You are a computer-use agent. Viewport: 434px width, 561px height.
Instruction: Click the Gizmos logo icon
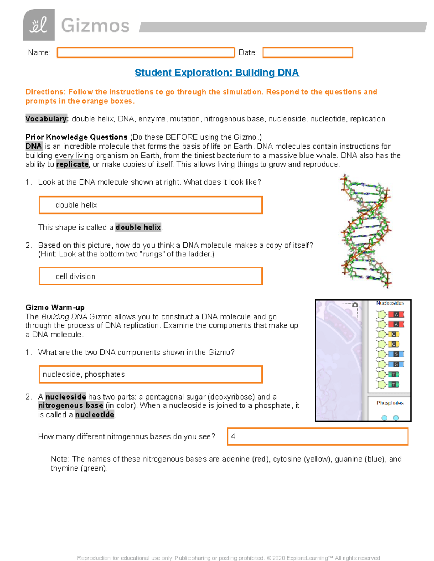(39, 25)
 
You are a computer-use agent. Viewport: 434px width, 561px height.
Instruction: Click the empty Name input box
(146, 53)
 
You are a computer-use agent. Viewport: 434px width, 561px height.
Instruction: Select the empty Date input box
(307, 53)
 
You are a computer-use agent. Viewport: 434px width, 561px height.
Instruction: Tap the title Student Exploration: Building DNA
(217, 73)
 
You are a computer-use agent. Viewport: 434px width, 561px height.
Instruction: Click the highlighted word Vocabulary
(46, 119)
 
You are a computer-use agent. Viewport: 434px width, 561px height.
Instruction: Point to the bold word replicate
(72, 164)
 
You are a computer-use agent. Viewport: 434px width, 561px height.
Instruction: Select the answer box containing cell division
(150, 276)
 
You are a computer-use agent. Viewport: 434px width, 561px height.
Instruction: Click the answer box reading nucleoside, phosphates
(150, 374)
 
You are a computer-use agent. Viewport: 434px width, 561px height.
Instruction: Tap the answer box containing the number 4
(318, 436)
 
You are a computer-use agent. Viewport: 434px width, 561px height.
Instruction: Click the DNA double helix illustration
(366, 231)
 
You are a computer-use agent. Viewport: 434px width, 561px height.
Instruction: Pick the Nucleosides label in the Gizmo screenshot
(390, 303)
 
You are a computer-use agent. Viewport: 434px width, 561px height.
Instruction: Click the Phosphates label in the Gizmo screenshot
(390, 403)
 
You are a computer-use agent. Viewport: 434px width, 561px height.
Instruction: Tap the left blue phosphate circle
(384, 418)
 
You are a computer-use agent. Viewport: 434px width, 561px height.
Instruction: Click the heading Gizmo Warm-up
(55, 307)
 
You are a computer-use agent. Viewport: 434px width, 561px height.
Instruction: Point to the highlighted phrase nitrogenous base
(71, 406)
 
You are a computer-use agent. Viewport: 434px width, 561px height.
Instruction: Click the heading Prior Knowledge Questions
(76, 137)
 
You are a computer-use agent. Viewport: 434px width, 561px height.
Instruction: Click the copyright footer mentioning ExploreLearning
(229, 558)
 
